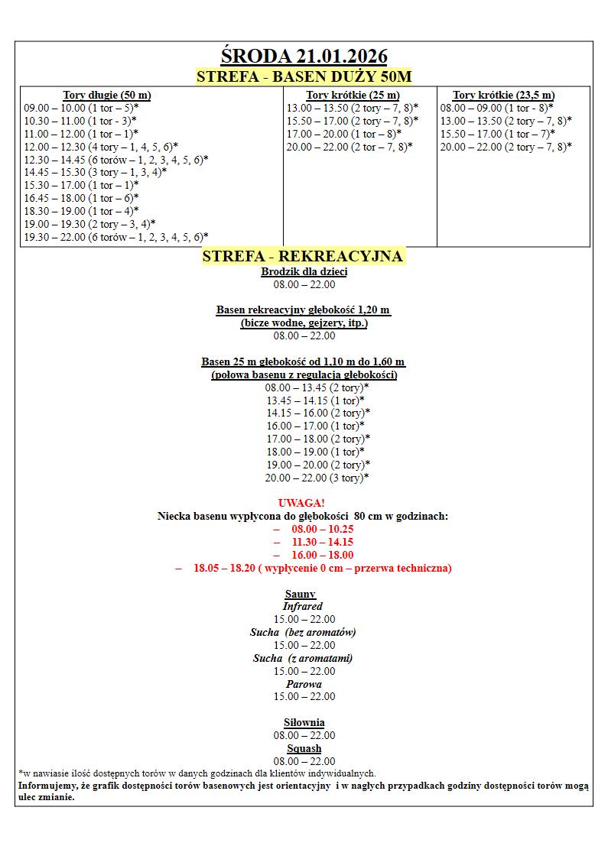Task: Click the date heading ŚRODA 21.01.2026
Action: [304, 56]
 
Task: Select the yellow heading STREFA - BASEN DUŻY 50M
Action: [304, 76]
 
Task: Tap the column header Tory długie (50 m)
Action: [107, 95]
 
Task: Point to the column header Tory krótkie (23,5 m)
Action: [503, 95]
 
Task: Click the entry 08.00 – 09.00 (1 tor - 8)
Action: [496, 108]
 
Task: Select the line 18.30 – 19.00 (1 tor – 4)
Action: [81, 211]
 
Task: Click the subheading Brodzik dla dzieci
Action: [304, 272]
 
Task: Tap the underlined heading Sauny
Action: [300, 594]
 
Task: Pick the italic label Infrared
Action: [303, 607]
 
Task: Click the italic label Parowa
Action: [304, 684]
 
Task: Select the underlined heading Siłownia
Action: [304, 722]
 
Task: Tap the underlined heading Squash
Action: [304, 748]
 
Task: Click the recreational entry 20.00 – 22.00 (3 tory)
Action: [317, 478]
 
